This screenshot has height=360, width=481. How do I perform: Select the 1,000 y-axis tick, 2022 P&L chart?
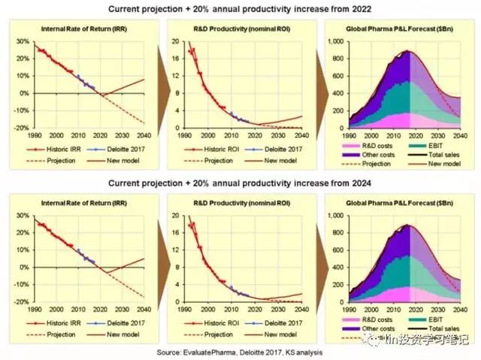(x=336, y=41)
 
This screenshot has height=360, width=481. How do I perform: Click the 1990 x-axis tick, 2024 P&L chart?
(x=348, y=309)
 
